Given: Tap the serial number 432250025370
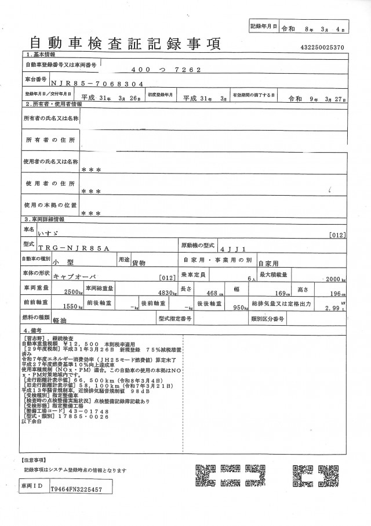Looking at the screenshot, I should coord(322,46).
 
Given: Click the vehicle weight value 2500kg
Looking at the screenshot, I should coord(74,292).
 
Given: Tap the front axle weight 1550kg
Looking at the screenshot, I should coord(73,308).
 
